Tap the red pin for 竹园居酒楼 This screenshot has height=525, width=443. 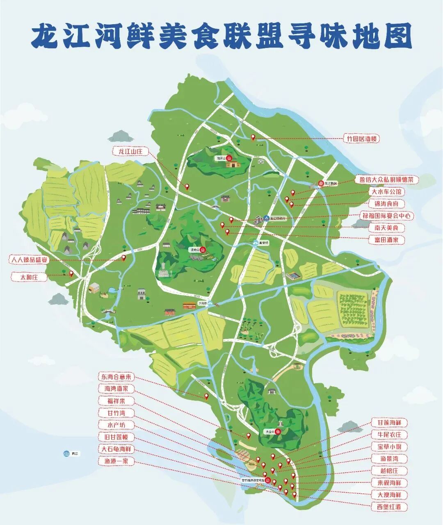pyautogui.click(x=253, y=138)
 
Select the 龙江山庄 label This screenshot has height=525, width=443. pyautogui.click(x=130, y=152)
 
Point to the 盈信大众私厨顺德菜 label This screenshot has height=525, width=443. pyautogui.click(x=386, y=180)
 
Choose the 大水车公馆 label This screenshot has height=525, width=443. pyautogui.click(x=387, y=191)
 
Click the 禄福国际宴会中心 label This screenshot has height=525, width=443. pyautogui.click(x=386, y=216)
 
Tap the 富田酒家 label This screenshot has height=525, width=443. pyautogui.click(x=386, y=240)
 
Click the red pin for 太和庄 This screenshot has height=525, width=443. pyautogui.click(x=71, y=273)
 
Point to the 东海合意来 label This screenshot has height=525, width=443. pyautogui.click(x=116, y=376)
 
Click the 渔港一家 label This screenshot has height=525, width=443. pyautogui.click(x=116, y=461)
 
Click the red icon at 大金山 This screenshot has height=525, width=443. pyautogui.click(x=278, y=432)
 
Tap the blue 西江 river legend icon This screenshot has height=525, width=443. pyautogui.click(x=66, y=454)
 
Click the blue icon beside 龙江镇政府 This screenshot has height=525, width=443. pyautogui.click(x=266, y=218)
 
